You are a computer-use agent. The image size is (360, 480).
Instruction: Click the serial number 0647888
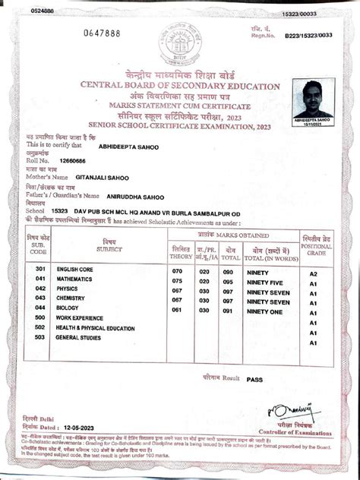[x=102, y=35]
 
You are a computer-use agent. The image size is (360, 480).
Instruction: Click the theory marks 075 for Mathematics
[x=178, y=280]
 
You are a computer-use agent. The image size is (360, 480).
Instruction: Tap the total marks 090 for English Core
[x=227, y=270]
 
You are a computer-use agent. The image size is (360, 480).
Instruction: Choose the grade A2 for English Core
[x=312, y=271]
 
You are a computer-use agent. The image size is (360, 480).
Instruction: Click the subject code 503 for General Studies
[x=40, y=337]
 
